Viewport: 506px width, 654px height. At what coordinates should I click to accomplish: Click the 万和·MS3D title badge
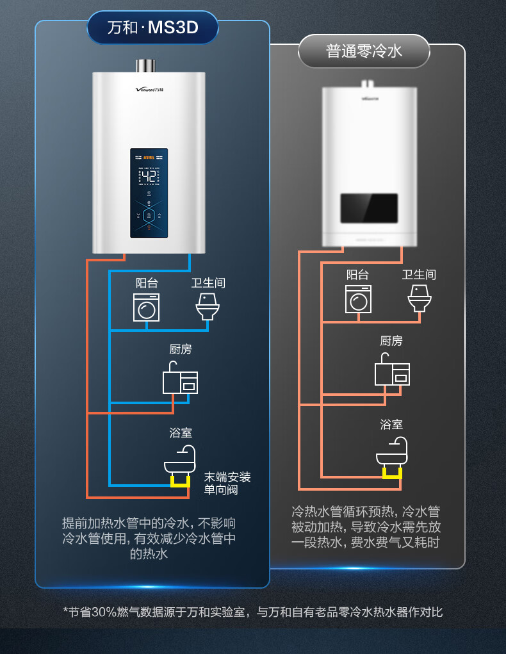152,29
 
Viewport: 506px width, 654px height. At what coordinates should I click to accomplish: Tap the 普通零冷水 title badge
364,51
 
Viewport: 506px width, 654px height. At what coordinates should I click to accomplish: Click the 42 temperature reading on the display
149,177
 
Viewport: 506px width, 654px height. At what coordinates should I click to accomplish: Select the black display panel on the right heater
369,209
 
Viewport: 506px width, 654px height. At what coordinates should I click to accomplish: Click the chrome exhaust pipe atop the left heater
145,66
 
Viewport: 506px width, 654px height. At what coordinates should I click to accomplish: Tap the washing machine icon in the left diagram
146,307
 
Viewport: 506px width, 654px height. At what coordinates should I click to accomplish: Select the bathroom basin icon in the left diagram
180,461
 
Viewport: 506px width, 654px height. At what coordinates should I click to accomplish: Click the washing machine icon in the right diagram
358,298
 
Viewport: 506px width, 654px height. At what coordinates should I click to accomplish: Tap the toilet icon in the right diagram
420,298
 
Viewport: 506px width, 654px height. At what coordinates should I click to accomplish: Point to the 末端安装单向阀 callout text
227,484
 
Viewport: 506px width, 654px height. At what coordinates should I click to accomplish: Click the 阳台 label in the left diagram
146,282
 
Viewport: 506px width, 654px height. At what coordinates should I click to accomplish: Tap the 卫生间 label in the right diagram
419,274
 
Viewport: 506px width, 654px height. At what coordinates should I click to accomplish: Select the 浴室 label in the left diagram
181,433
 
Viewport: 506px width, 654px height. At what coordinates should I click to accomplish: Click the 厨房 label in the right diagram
391,341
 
